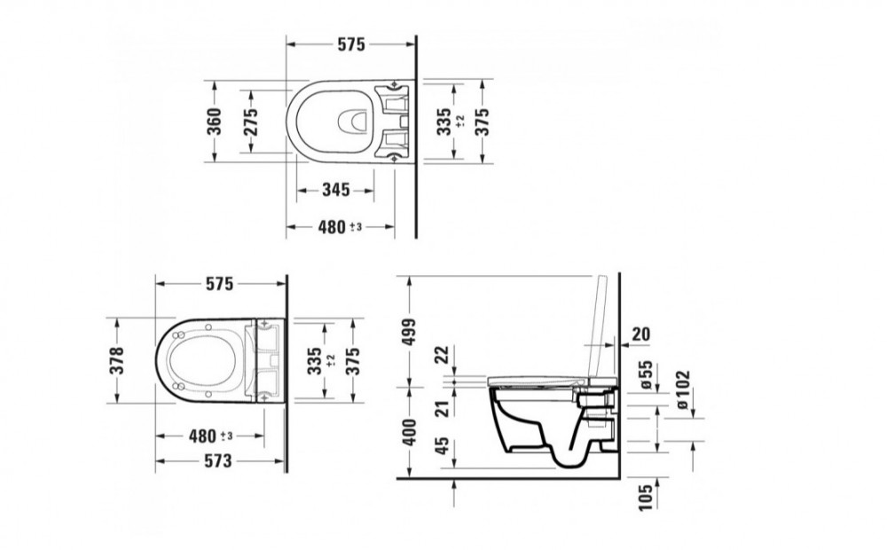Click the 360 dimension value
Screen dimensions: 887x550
pos(214,122)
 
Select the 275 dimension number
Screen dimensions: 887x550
pos(249,122)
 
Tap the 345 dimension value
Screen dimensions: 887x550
pos(336,190)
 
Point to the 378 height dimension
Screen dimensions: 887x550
pos(116,361)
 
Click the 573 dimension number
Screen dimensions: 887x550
pos(218,461)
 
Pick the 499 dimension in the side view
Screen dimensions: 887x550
pos(409,332)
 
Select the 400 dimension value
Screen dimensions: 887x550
pos(409,432)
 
